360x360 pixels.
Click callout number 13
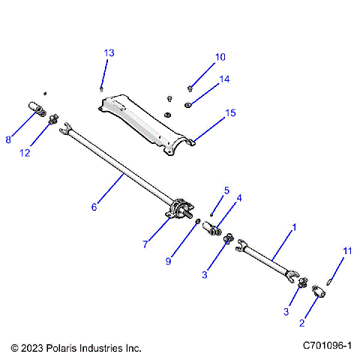109,52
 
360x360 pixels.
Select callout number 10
220,56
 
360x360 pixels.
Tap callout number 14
224,79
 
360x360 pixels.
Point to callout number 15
229,113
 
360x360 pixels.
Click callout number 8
9,139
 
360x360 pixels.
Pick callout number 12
25,153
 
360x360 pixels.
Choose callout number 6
94,207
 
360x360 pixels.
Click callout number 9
169,260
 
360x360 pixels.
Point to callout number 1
294,226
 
